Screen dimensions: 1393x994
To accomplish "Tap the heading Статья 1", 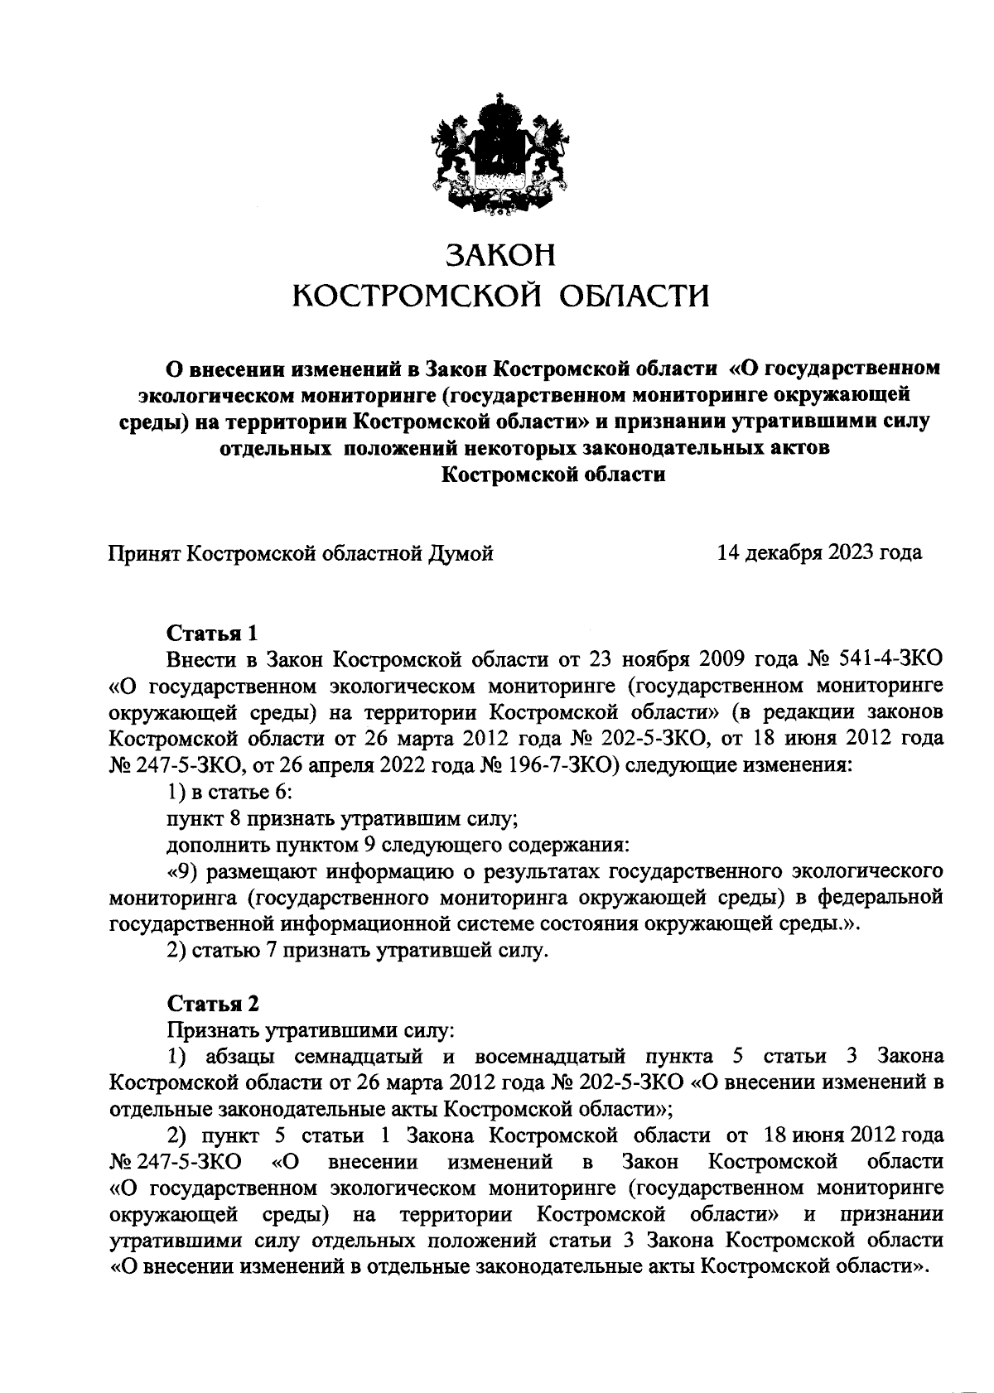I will (x=213, y=634).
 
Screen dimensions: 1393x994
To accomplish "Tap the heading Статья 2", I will (x=213, y=1003).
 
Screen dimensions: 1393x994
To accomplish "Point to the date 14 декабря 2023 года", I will (x=819, y=552).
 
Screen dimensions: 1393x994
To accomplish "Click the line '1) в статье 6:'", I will (x=229, y=793).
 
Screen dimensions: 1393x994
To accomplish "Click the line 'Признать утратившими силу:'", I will (x=311, y=1031).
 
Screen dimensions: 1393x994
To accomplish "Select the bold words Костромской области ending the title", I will (x=553, y=475).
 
